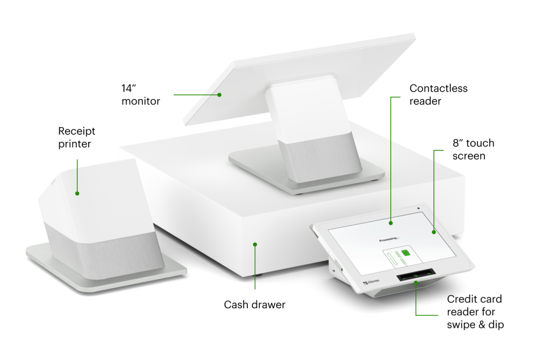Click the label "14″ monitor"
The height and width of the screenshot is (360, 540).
click(x=140, y=95)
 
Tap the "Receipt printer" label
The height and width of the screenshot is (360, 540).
click(x=76, y=138)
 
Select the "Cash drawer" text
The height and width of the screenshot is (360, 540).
click(x=255, y=305)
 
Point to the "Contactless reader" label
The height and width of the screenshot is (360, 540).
click(x=438, y=95)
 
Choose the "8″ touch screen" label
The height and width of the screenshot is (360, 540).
click(x=473, y=149)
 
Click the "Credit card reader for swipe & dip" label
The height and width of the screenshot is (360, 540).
click(x=475, y=312)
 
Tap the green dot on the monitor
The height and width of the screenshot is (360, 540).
click(x=219, y=95)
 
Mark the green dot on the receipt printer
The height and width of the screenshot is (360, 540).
click(x=77, y=193)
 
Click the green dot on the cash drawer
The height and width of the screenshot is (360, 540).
click(x=255, y=245)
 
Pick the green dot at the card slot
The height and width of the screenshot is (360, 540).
click(x=416, y=283)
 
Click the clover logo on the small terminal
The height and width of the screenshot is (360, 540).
click(x=371, y=282)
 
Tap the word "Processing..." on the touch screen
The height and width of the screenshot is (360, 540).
click(x=389, y=239)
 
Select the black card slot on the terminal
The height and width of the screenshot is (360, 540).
click(x=416, y=275)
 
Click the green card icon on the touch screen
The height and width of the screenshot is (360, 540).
click(x=406, y=253)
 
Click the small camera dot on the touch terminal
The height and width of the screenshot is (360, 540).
click(x=418, y=208)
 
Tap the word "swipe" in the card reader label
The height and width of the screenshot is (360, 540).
click(x=461, y=325)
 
